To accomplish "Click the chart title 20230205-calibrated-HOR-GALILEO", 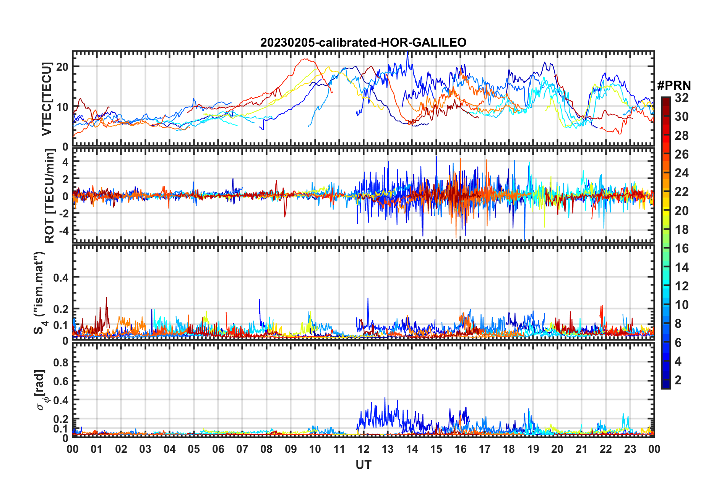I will click(363, 42).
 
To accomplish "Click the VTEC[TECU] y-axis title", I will click(47, 99).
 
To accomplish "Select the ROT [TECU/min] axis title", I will click(50, 196).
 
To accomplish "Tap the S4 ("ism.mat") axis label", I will click(40, 293).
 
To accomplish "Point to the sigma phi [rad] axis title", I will click(41, 390).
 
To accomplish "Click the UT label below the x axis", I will click(363, 465).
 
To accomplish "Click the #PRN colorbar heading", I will click(674, 86).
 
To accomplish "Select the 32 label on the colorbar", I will click(682, 98).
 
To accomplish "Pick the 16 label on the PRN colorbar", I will click(682, 248).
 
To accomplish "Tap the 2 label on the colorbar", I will click(678, 380).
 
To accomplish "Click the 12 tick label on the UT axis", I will click(363, 449).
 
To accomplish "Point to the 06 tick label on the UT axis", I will click(218, 449).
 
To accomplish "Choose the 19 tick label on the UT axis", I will click(533, 449).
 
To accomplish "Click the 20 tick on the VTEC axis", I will click(62, 67).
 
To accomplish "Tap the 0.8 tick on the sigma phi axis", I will click(60, 362).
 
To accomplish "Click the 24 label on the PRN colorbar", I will click(682, 173).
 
